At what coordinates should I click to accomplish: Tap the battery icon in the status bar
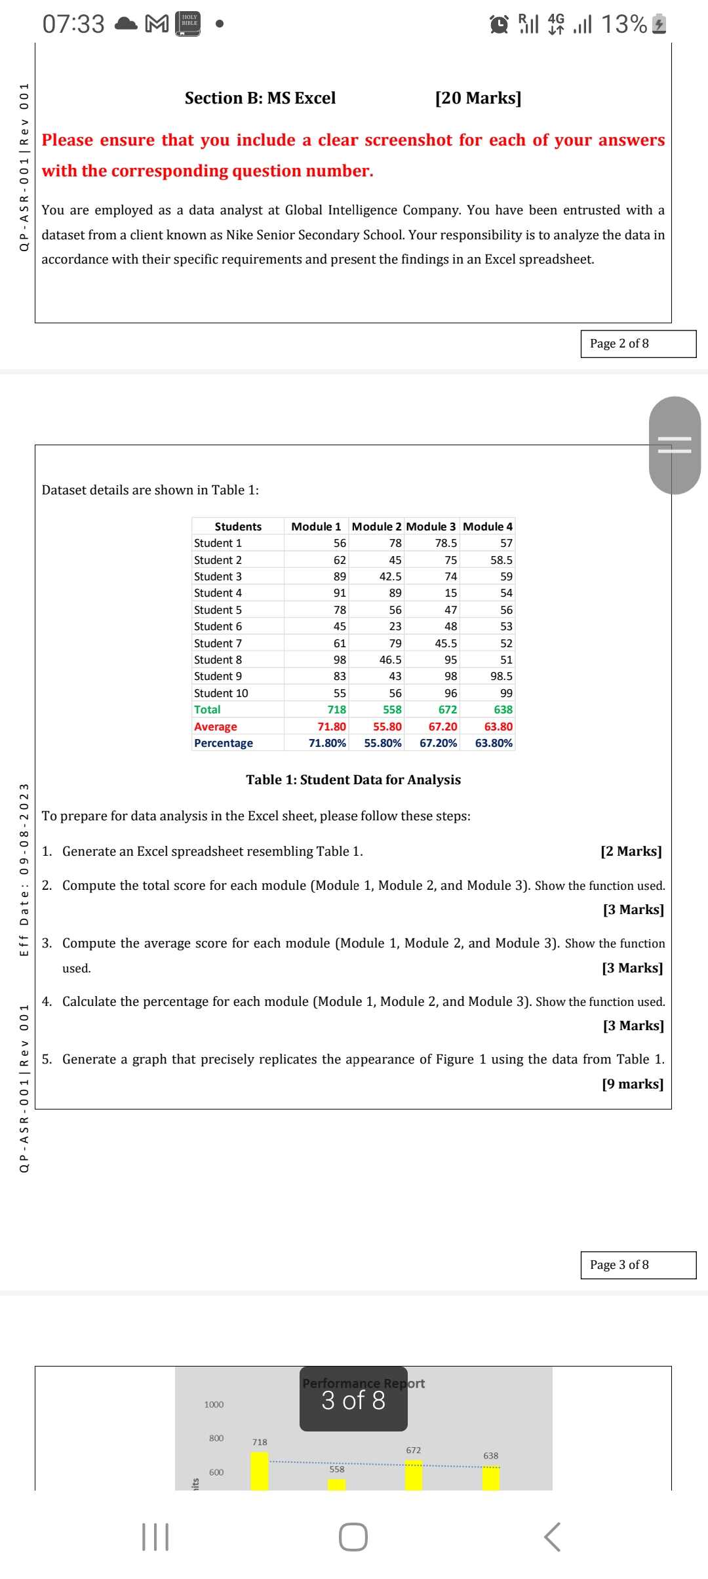[x=659, y=24]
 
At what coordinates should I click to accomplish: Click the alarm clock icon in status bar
[x=500, y=24]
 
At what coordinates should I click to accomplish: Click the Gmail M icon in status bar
[x=156, y=24]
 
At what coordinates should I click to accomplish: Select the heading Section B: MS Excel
[x=260, y=98]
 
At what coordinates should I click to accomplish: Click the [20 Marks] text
[x=478, y=98]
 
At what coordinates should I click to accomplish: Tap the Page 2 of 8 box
[x=637, y=344]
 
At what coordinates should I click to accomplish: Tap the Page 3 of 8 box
[x=637, y=1265]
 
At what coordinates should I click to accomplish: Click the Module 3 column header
[x=431, y=527]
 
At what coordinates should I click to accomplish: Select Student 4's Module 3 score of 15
[x=450, y=593]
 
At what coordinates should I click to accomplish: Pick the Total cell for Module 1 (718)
[x=336, y=710]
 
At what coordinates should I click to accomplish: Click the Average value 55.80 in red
[x=387, y=727]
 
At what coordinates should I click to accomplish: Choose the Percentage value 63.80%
[x=494, y=743]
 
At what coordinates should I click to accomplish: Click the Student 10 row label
[x=221, y=693]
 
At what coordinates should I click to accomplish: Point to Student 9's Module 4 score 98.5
[x=501, y=676]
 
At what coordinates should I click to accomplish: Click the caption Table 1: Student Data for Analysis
[x=353, y=780]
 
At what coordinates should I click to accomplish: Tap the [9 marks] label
[x=632, y=1084]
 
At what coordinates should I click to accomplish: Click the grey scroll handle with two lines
[x=675, y=445]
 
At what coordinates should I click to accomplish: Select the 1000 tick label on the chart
[x=214, y=1405]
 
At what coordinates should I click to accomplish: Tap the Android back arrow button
[x=552, y=1537]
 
